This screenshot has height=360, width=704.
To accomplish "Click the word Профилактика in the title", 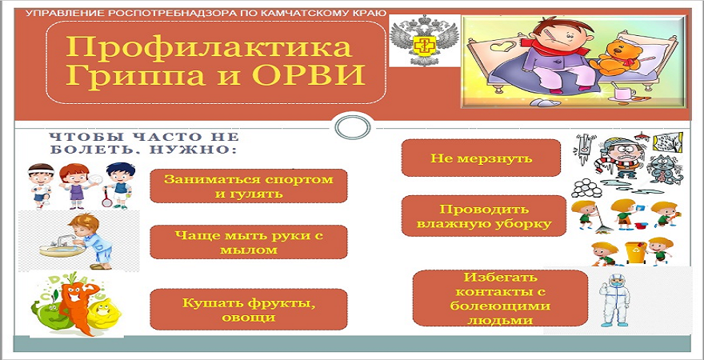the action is tap(209, 47).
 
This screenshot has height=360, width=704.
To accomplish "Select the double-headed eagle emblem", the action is tap(424, 40).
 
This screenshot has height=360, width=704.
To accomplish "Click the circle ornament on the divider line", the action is tap(353, 128).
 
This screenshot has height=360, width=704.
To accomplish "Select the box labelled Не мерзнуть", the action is tap(481, 158).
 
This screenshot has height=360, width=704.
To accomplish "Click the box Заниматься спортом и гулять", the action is tap(248, 186).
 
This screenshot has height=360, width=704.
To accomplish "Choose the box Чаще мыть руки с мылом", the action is tap(248, 242).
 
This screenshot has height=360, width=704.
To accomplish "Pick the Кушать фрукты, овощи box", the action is tap(248, 310).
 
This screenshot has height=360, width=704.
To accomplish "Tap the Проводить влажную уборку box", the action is tap(483, 216).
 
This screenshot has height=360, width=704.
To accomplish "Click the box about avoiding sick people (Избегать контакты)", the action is tap(500, 298).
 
